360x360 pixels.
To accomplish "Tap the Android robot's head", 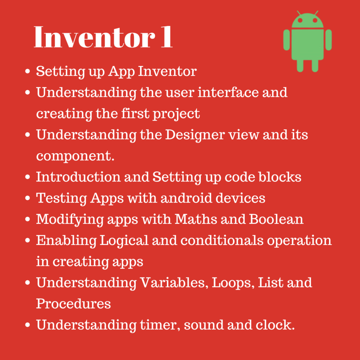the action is tap(307, 20).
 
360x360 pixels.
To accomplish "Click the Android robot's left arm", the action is tap(287, 40).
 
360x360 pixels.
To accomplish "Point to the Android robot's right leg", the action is tap(315, 65).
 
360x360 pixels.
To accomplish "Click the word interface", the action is tap(228, 92).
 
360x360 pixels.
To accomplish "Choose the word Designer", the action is tap(195, 135).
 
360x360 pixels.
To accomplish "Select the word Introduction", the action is tap(78, 177).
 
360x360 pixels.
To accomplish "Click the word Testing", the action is tap(61, 198).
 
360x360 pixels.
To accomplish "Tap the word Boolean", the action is tap(276, 219).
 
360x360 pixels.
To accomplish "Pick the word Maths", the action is tap(196, 219).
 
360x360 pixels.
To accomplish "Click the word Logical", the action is tap(124, 240).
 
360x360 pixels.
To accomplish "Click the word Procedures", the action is tap(73, 303).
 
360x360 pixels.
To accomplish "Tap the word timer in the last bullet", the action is tap(160, 325).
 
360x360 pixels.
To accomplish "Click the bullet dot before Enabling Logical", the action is tap(27, 240).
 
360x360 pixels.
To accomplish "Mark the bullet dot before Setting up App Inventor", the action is tap(27, 71).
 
